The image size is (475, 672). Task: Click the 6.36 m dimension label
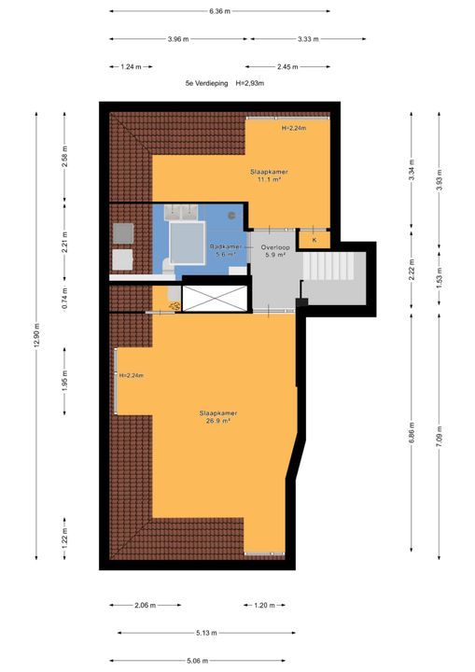coord(219,11)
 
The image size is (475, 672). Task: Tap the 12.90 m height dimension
coord(36,336)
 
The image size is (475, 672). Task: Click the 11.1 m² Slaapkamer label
coord(269,175)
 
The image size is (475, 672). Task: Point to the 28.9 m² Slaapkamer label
coord(218,417)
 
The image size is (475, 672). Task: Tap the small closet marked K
coord(314,240)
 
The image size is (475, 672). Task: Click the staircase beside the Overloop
coord(328,266)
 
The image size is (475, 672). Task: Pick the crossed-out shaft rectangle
coord(215,299)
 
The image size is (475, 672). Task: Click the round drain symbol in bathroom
coord(232,216)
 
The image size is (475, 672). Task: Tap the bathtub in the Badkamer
coord(188,243)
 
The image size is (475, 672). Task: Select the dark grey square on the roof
coord(123,233)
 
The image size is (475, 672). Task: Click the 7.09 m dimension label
coord(439,436)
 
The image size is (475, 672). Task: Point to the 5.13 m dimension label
coord(206,633)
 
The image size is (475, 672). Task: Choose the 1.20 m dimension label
coord(264,605)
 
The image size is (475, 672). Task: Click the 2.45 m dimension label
coord(287,67)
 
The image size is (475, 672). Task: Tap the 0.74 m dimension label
coord(64,299)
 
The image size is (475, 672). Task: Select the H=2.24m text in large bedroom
coord(132,375)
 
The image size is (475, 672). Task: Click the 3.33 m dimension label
coord(308,39)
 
